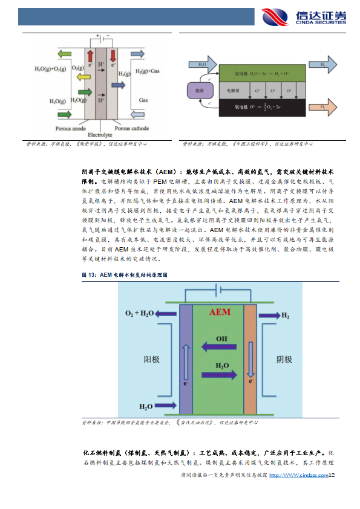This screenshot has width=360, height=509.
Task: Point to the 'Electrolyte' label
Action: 98,134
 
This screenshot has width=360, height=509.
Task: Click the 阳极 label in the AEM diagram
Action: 151,360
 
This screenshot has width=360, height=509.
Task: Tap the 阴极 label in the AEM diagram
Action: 285,360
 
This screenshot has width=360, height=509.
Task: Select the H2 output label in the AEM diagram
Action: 285,316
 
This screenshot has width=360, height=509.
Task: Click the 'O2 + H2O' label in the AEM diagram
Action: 140,314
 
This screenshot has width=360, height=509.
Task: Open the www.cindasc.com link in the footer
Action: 299,476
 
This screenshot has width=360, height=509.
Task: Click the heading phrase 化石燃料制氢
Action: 103,452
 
